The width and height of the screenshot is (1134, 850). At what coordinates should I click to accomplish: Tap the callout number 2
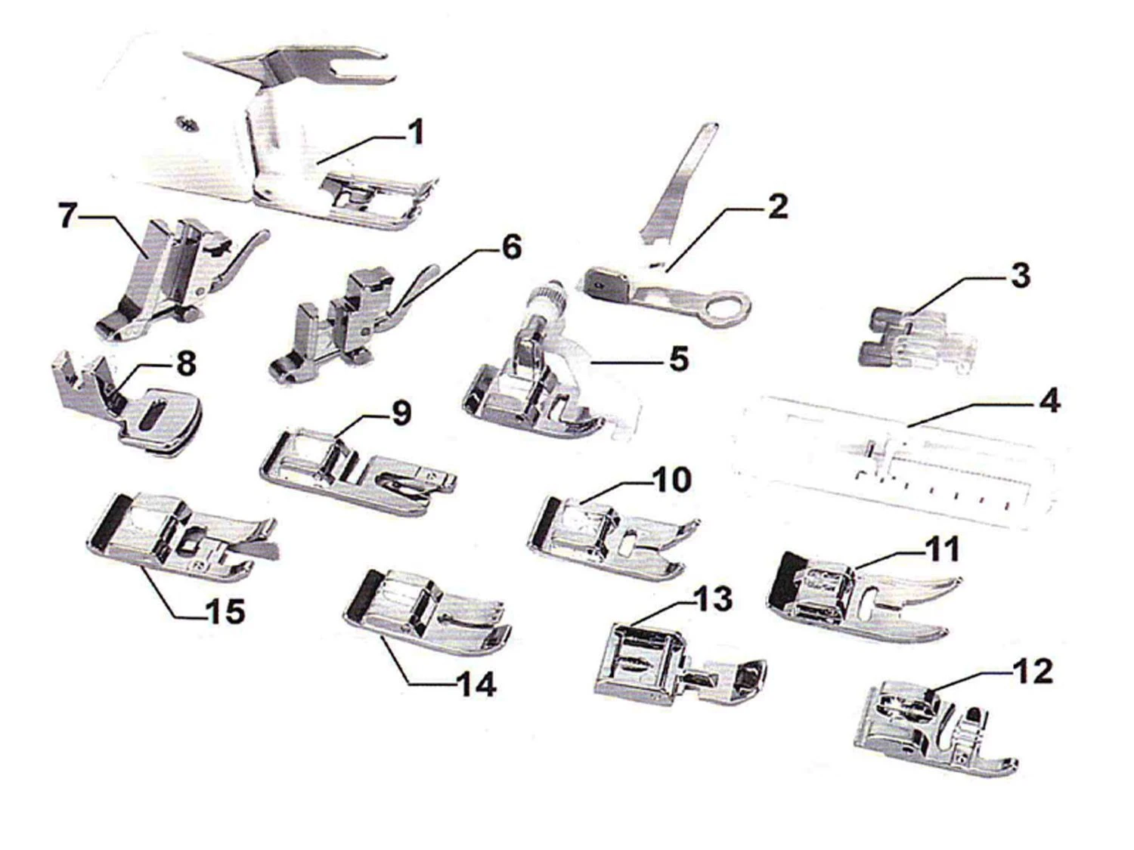[776, 207]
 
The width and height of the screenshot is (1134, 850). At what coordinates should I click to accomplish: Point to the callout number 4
[1047, 402]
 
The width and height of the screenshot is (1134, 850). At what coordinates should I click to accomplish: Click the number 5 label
[677, 358]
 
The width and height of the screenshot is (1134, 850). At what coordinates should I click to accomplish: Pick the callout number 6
[510, 248]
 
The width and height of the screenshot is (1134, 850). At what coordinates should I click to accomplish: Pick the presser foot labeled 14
[426, 613]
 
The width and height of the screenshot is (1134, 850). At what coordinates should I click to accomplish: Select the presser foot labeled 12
[935, 728]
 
